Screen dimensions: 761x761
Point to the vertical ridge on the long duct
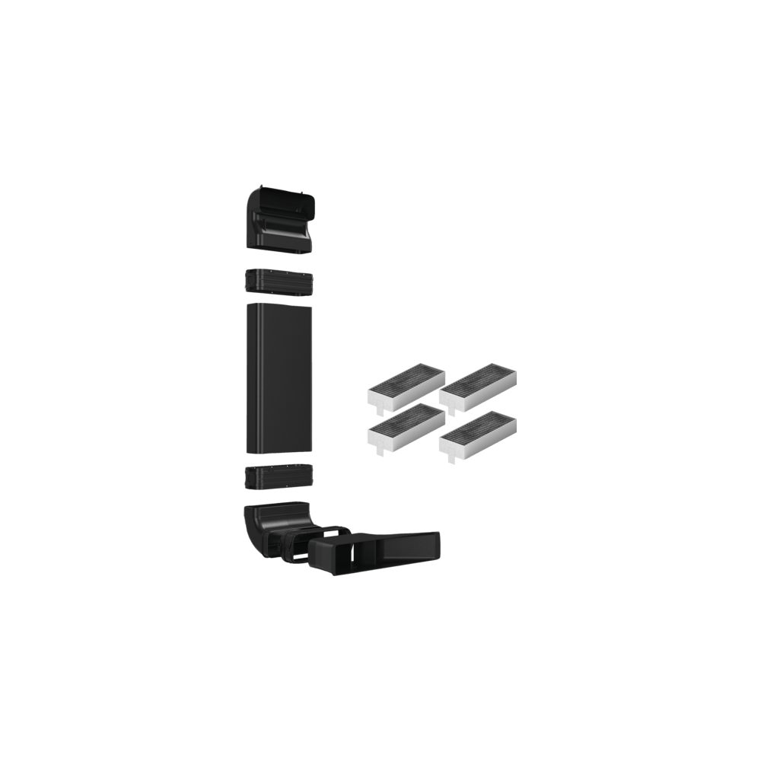point(260,380)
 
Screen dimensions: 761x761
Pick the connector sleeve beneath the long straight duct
point(279,478)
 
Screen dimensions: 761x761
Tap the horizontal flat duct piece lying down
point(380,552)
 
